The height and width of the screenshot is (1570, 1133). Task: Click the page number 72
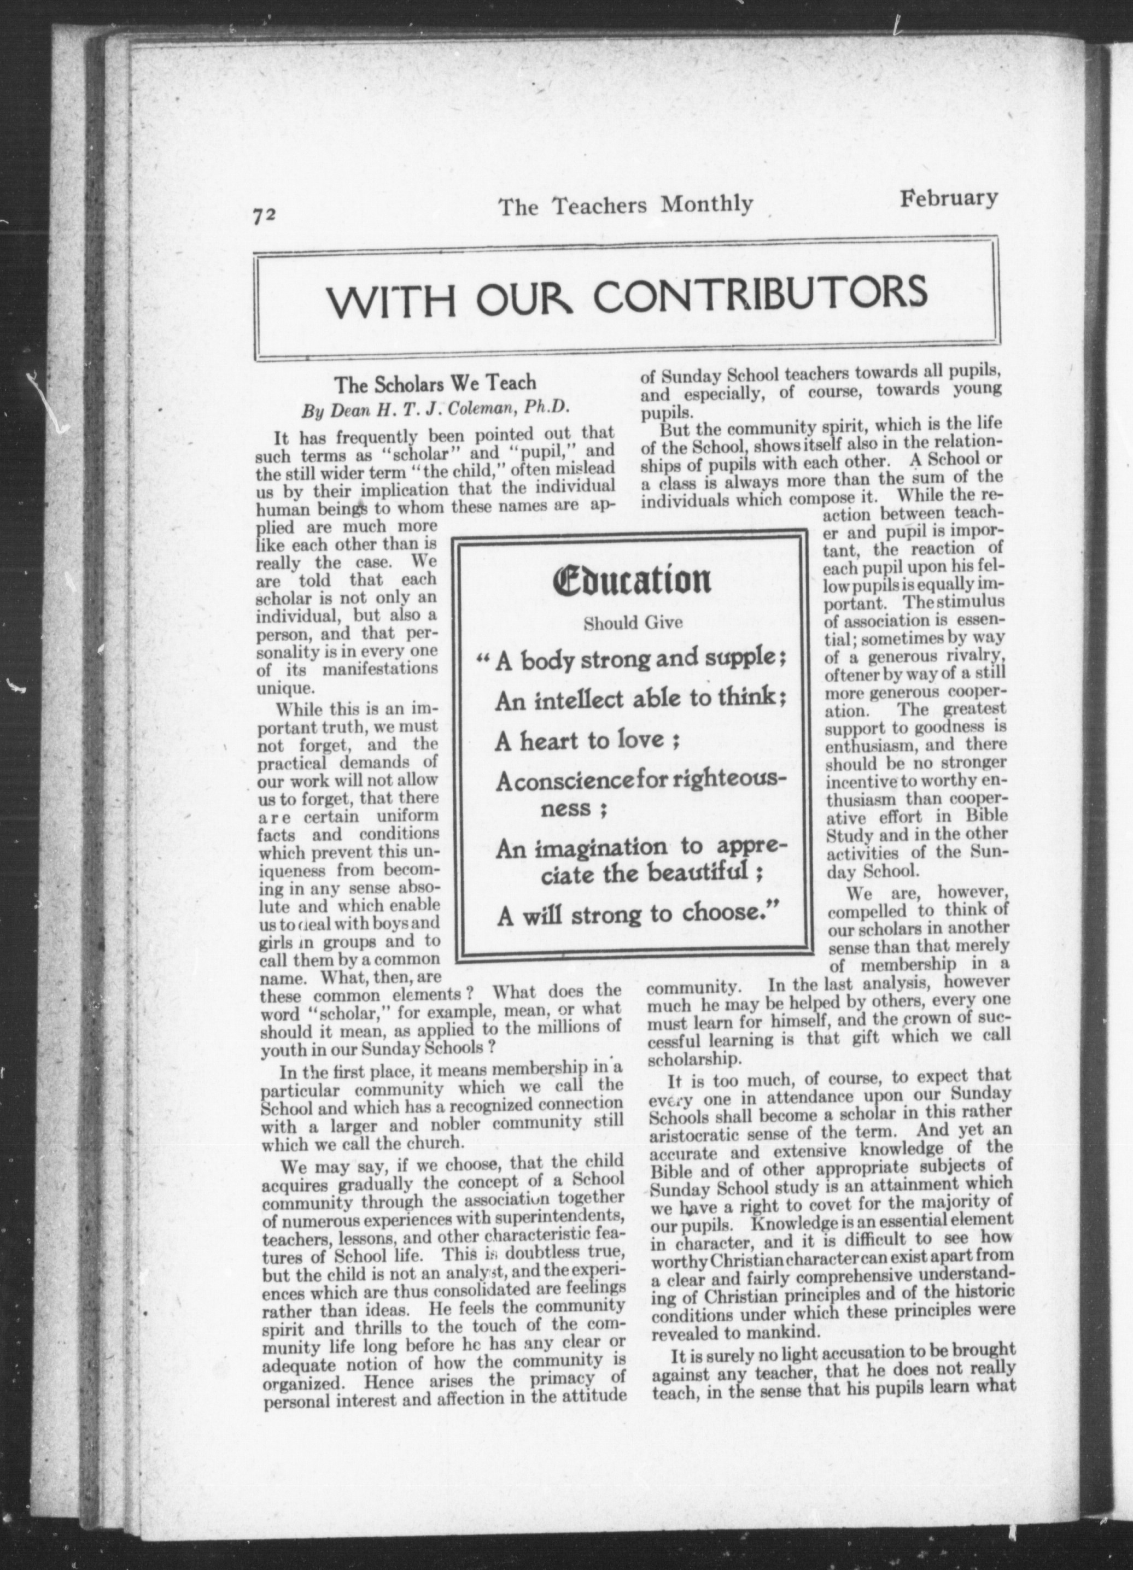click(x=265, y=215)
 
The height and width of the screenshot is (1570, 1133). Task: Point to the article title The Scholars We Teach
click(x=436, y=383)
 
